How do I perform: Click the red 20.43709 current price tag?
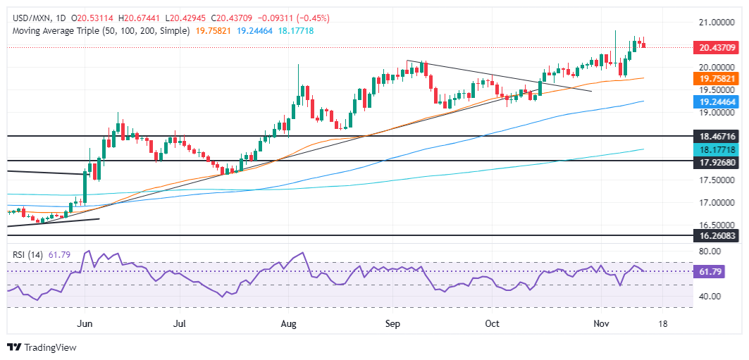[x=716, y=47]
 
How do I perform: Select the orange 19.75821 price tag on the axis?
[x=716, y=78]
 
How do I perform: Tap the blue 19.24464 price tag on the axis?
[x=716, y=101]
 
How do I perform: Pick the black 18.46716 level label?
[x=716, y=135]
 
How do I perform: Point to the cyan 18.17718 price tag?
[x=716, y=149]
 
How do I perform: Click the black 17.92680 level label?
[x=716, y=161]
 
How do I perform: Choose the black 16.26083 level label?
[x=716, y=236]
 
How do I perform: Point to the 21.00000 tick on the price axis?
[x=716, y=22]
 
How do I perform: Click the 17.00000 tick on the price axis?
[x=716, y=203]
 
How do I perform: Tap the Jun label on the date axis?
[x=84, y=323]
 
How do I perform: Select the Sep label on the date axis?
[x=392, y=323]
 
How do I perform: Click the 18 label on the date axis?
[x=662, y=323]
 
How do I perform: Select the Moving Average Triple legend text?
[x=99, y=31]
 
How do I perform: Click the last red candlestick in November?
[x=643, y=46]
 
